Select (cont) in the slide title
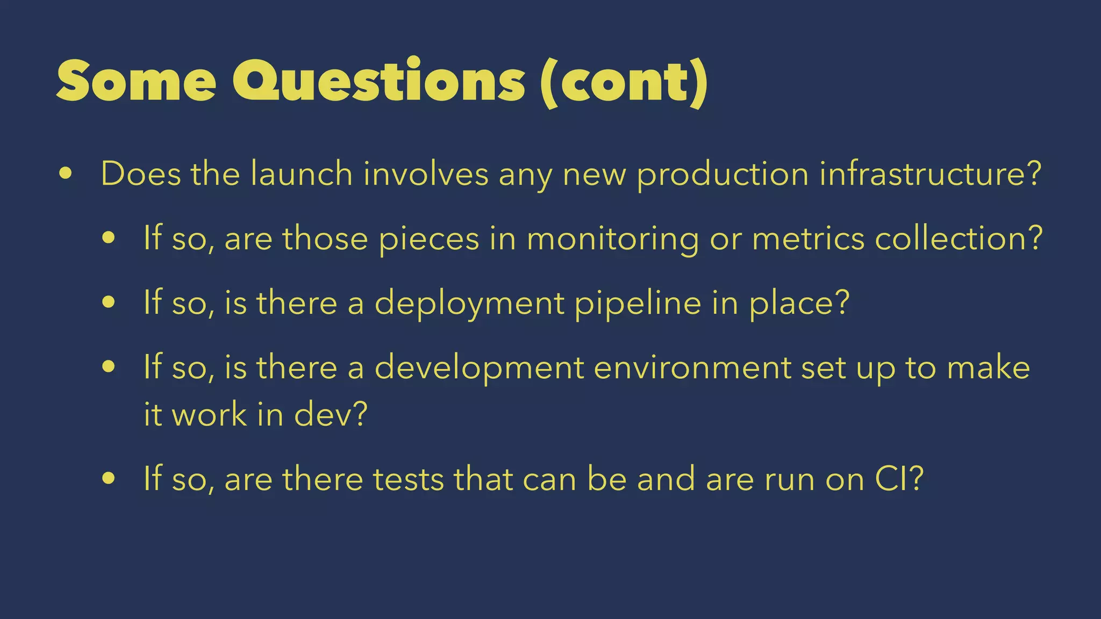tap(624, 82)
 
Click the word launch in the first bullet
tap(301, 174)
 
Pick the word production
tap(723, 175)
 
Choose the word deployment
tap(469, 304)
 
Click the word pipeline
tap(638, 304)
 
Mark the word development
tap(479, 369)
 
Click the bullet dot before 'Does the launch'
tap(66, 174)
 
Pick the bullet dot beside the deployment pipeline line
tap(109, 303)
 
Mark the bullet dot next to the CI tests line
tap(109, 478)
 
